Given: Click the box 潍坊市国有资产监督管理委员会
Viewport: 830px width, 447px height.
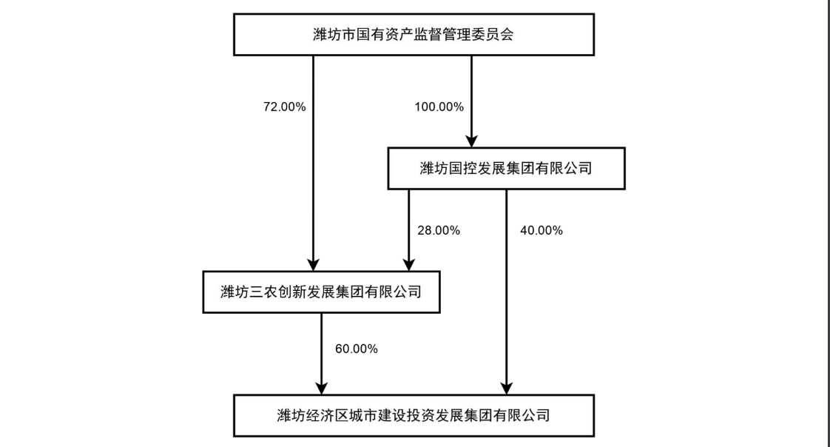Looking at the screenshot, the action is tap(414, 35).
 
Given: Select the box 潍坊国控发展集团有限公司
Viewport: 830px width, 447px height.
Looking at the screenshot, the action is tap(507, 169).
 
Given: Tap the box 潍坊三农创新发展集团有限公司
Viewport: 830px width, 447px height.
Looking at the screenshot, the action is tap(321, 292).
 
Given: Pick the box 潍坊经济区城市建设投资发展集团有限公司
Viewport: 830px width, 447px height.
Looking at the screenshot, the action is tap(414, 416).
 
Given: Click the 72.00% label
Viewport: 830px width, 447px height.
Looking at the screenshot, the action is tap(285, 107).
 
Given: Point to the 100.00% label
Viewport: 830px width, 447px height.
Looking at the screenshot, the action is tap(439, 107).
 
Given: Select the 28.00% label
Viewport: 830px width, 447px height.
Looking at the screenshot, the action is tap(439, 230).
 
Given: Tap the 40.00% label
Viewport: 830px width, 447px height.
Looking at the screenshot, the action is tap(541, 230).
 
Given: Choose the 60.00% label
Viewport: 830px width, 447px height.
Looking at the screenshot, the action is tap(357, 349).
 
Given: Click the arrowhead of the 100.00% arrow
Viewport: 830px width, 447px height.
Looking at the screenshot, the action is tap(472, 141).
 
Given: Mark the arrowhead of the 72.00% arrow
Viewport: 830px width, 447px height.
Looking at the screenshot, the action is tap(314, 265).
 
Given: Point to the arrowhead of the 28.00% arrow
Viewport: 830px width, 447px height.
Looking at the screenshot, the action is tap(408, 265).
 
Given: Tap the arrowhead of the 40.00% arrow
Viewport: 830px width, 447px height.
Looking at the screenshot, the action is tap(507, 389).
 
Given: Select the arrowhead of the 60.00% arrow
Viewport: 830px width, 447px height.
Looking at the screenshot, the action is tap(321, 389).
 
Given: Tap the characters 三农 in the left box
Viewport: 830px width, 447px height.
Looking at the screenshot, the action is tap(263, 292).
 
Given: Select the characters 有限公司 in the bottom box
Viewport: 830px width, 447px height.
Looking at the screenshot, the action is tap(522, 416).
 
